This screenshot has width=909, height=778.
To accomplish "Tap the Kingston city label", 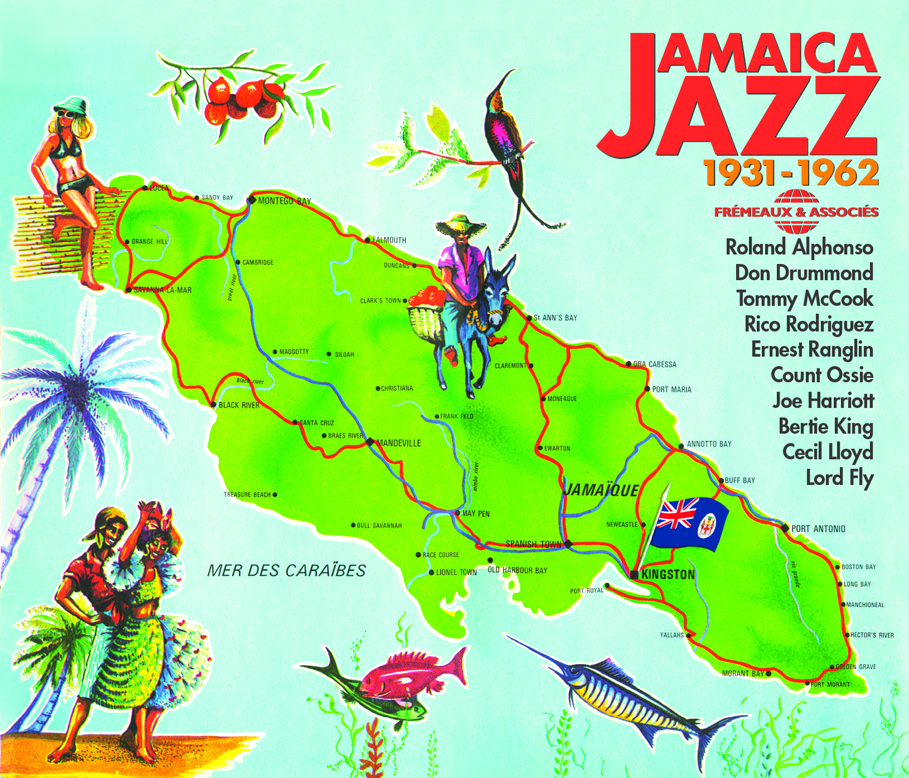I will pos(668,574).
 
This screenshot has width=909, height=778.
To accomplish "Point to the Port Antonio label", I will pos(818,529).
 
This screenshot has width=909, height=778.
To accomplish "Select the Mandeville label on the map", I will pos(398,443).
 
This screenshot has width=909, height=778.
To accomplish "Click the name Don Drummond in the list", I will pos(804,273).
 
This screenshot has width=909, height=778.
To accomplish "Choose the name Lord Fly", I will pos(839,478).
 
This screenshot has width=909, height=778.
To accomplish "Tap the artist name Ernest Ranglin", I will pos(812,350).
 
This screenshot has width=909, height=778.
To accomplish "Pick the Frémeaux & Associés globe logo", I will pos(796,212).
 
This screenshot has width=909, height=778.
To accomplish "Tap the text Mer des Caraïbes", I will pos(286,570).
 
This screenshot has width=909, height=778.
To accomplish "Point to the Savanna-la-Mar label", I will pos(162,290).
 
